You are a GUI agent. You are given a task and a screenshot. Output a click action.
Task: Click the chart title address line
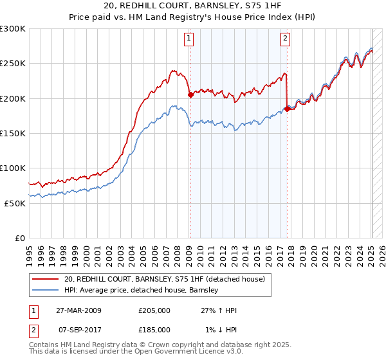point(193,6)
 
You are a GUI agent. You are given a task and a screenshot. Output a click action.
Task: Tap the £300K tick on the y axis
point(13,29)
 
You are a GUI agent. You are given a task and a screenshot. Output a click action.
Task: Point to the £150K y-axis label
point(13,134)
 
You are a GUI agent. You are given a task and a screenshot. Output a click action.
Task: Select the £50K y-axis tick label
point(15,203)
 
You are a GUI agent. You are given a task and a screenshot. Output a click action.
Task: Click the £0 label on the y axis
point(20,239)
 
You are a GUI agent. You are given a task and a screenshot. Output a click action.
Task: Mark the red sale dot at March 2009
point(190,95)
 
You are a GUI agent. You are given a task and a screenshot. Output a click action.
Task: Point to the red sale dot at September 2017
point(287,109)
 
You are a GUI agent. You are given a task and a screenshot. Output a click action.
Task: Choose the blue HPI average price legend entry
point(142,290)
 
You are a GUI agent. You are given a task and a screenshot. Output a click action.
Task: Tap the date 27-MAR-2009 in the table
point(78,310)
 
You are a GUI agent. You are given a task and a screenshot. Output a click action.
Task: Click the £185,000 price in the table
point(154,329)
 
